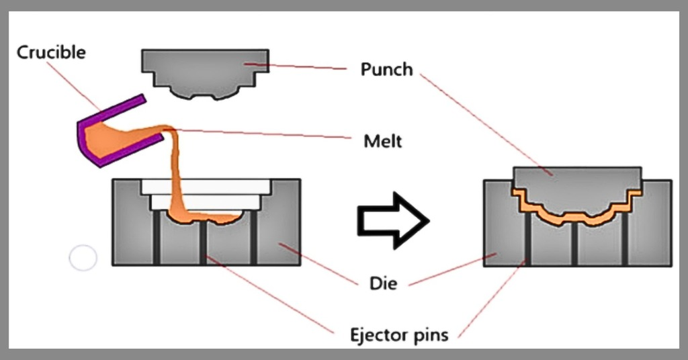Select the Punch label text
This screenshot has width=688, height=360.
[x=386, y=69]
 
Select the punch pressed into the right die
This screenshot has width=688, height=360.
[x=576, y=188]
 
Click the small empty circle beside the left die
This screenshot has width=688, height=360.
[x=83, y=258]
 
